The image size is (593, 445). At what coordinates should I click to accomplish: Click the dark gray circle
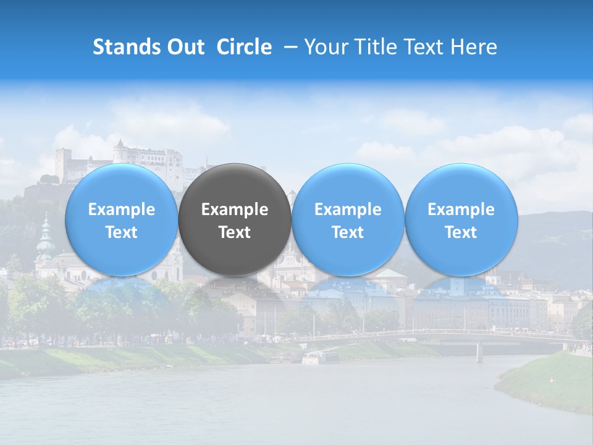coord(235,219)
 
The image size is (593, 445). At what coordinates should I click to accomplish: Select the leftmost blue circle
coord(121,219)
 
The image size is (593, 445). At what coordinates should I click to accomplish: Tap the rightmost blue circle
coord(461,219)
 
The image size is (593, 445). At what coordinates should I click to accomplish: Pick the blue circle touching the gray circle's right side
coord(348,219)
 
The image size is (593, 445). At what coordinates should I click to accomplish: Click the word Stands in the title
coord(128,47)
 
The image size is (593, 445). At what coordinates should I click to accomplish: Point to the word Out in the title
coord(186,47)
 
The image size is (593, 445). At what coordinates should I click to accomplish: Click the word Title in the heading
coord(377,47)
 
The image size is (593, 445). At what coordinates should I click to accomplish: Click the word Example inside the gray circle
coord(235,210)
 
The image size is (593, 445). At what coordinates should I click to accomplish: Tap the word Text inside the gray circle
coord(235,232)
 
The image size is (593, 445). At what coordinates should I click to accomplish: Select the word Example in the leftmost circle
coord(121,210)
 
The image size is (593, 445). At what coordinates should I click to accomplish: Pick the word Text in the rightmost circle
coord(461,232)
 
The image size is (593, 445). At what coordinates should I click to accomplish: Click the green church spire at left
coord(45,238)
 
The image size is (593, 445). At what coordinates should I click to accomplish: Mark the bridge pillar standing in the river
coord(479,352)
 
